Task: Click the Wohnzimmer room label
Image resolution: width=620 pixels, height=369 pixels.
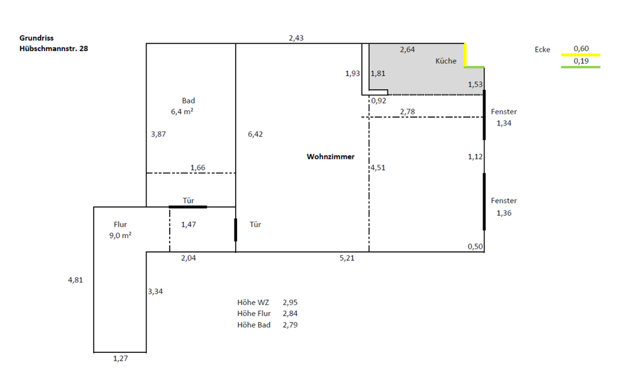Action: click(330, 156)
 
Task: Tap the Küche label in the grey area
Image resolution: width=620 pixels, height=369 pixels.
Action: click(446, 61)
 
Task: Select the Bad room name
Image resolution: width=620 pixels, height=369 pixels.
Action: click(188, 101)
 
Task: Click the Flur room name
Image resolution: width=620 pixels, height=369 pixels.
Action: click(120, 225)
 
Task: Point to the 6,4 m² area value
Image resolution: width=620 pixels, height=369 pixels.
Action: click(183, 112)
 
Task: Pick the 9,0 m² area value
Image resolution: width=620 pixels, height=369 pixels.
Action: click(120, 236)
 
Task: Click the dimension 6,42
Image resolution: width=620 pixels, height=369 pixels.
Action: click(255, 134)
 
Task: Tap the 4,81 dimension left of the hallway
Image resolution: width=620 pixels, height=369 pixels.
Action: click(76, 280)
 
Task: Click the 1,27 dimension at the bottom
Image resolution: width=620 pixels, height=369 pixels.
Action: click(120, 359)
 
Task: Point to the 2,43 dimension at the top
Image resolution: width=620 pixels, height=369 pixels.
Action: click(296, 38)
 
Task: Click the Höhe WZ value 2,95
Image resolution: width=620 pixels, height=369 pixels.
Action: click(290, 302)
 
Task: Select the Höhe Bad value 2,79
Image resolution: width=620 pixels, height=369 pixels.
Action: click(290, 324)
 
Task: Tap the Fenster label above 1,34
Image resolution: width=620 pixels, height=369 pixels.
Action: click(504, 112)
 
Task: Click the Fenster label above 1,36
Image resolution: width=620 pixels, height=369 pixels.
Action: click(504, 201)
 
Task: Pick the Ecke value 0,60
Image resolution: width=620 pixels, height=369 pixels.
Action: click(581, 48)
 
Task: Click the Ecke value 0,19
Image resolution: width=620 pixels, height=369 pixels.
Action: click(581, 61)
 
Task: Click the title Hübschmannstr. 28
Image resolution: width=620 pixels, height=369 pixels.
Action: click(54, 48)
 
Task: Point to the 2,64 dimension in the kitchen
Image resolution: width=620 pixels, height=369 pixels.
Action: click(408, 50)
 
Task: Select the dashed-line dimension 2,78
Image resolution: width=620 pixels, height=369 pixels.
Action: click(408, 112)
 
